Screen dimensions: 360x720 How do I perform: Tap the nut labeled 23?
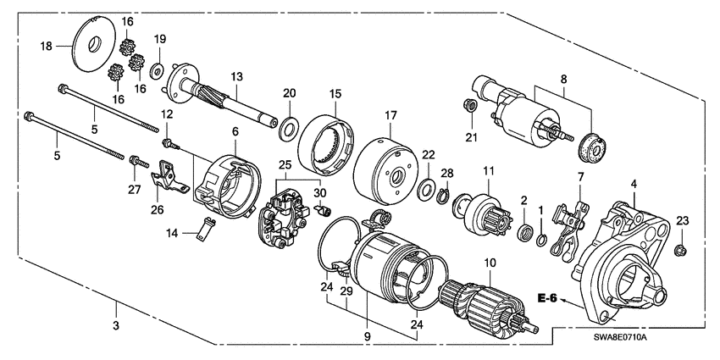[x=683, y=250]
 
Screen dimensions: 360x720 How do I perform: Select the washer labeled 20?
[x=288, y=129]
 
